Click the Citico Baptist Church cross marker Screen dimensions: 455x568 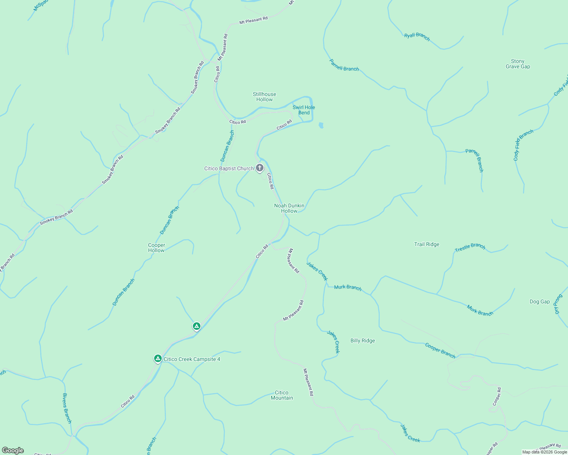[260, 168]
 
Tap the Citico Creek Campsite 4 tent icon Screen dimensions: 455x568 [158, 358]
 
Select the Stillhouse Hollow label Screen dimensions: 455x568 [265, 97]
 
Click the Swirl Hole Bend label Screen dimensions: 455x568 [304, 110]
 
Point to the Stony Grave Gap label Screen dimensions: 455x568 [518, 64]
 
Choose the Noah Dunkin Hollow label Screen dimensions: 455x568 [289, 208]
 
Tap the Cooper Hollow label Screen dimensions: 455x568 [156, 248]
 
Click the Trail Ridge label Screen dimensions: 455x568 [427, 244]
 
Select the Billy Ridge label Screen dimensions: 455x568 [363, 340]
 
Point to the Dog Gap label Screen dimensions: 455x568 [540, 301]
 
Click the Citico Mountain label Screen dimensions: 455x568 [282, 395]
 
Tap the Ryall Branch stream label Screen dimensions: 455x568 [417, 36]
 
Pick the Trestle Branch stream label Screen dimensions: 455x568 [470, 247]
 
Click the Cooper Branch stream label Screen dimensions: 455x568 [440, 350]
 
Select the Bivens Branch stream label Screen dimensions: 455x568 [67, 408]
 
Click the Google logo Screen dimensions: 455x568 [13, 450]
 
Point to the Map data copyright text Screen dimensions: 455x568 [544, 452]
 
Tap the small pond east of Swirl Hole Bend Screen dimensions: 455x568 [321, 125]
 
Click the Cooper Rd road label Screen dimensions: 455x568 [497, 397]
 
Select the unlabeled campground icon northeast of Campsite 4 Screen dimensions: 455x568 [196, 326]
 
